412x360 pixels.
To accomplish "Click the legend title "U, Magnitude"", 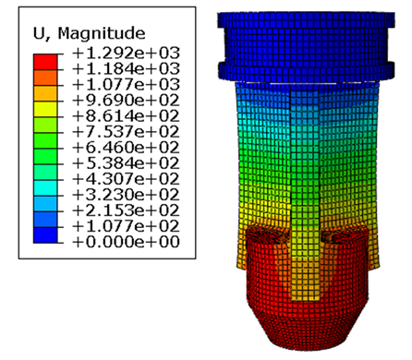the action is (x=89, y=33).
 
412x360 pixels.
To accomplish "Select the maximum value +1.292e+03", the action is (x=126, y=53).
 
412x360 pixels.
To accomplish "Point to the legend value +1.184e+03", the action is (x=126, y=68).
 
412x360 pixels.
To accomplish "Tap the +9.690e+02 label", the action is (x=126, y=101).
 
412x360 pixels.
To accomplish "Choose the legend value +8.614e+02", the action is (x=126, y=116).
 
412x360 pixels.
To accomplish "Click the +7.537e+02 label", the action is (x=126, y=132).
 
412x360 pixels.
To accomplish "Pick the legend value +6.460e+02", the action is (x=126, y=148).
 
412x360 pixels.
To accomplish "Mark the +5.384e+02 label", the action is (x=126, y=163).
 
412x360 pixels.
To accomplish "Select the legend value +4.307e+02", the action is (x=126, y=179).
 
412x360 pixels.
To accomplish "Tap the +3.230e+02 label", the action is (x=126, y=195).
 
